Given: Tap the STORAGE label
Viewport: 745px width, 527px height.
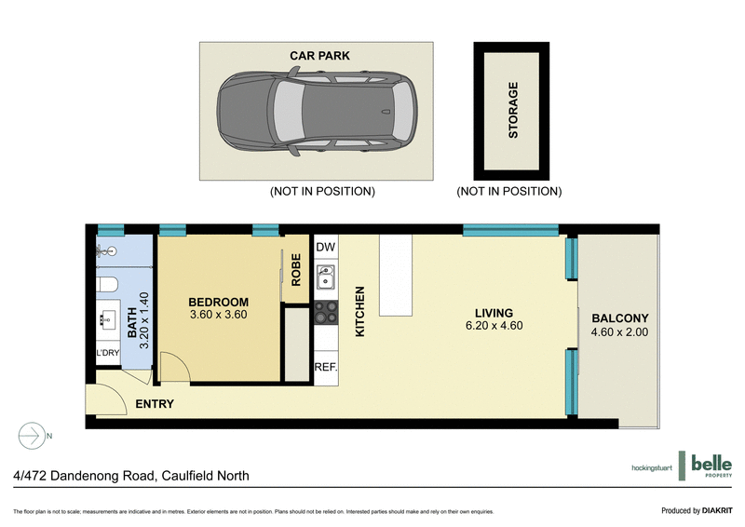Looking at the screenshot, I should pos(512,111).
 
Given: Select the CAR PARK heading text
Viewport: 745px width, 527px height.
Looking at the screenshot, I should pos(319,56).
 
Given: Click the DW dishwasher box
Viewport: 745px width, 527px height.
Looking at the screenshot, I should pos(325,247).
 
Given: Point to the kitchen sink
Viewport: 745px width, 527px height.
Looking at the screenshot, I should pos(325,277).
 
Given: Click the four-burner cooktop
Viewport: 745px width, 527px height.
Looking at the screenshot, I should pos(325,312).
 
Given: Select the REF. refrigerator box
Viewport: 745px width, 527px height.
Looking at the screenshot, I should pos(325,367).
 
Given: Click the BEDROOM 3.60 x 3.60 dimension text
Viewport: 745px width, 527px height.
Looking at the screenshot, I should pos(219,315).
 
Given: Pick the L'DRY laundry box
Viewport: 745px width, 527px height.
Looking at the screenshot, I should pos(108,354).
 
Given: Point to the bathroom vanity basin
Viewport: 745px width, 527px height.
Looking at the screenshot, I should pos(104,319).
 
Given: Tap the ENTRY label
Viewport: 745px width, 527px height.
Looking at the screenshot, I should pos(154,404).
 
